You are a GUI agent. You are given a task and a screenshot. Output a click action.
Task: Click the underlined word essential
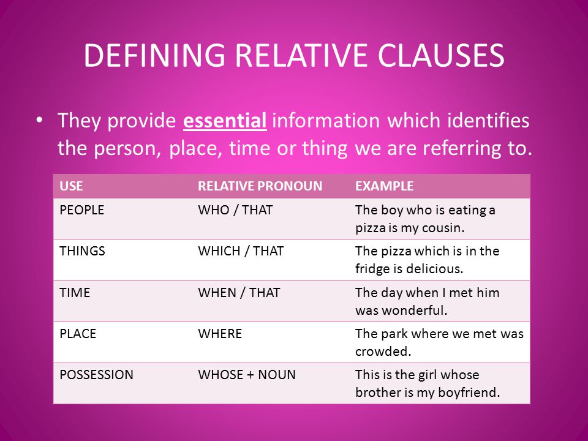[225, 121]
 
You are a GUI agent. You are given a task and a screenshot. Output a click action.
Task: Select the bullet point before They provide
[40, 121]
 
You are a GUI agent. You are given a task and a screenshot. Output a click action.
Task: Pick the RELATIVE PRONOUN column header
[260, 186]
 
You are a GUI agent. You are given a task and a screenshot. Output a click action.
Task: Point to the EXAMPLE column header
[384, 186]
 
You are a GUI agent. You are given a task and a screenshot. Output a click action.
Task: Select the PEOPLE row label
[81, 210]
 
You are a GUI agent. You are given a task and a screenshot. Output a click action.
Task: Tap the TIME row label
[75, 293]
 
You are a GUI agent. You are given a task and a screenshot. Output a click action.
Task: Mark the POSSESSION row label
[96, 375]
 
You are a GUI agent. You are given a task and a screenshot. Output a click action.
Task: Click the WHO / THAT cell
[235, 210]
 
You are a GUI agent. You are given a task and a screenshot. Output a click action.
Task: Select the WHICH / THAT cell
[241, 251]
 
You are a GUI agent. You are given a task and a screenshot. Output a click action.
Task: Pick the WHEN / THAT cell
[239, 293]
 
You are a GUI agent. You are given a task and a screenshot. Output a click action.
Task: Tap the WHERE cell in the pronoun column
[220, 334]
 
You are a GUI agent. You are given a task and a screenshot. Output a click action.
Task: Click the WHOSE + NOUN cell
[247, 375]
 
